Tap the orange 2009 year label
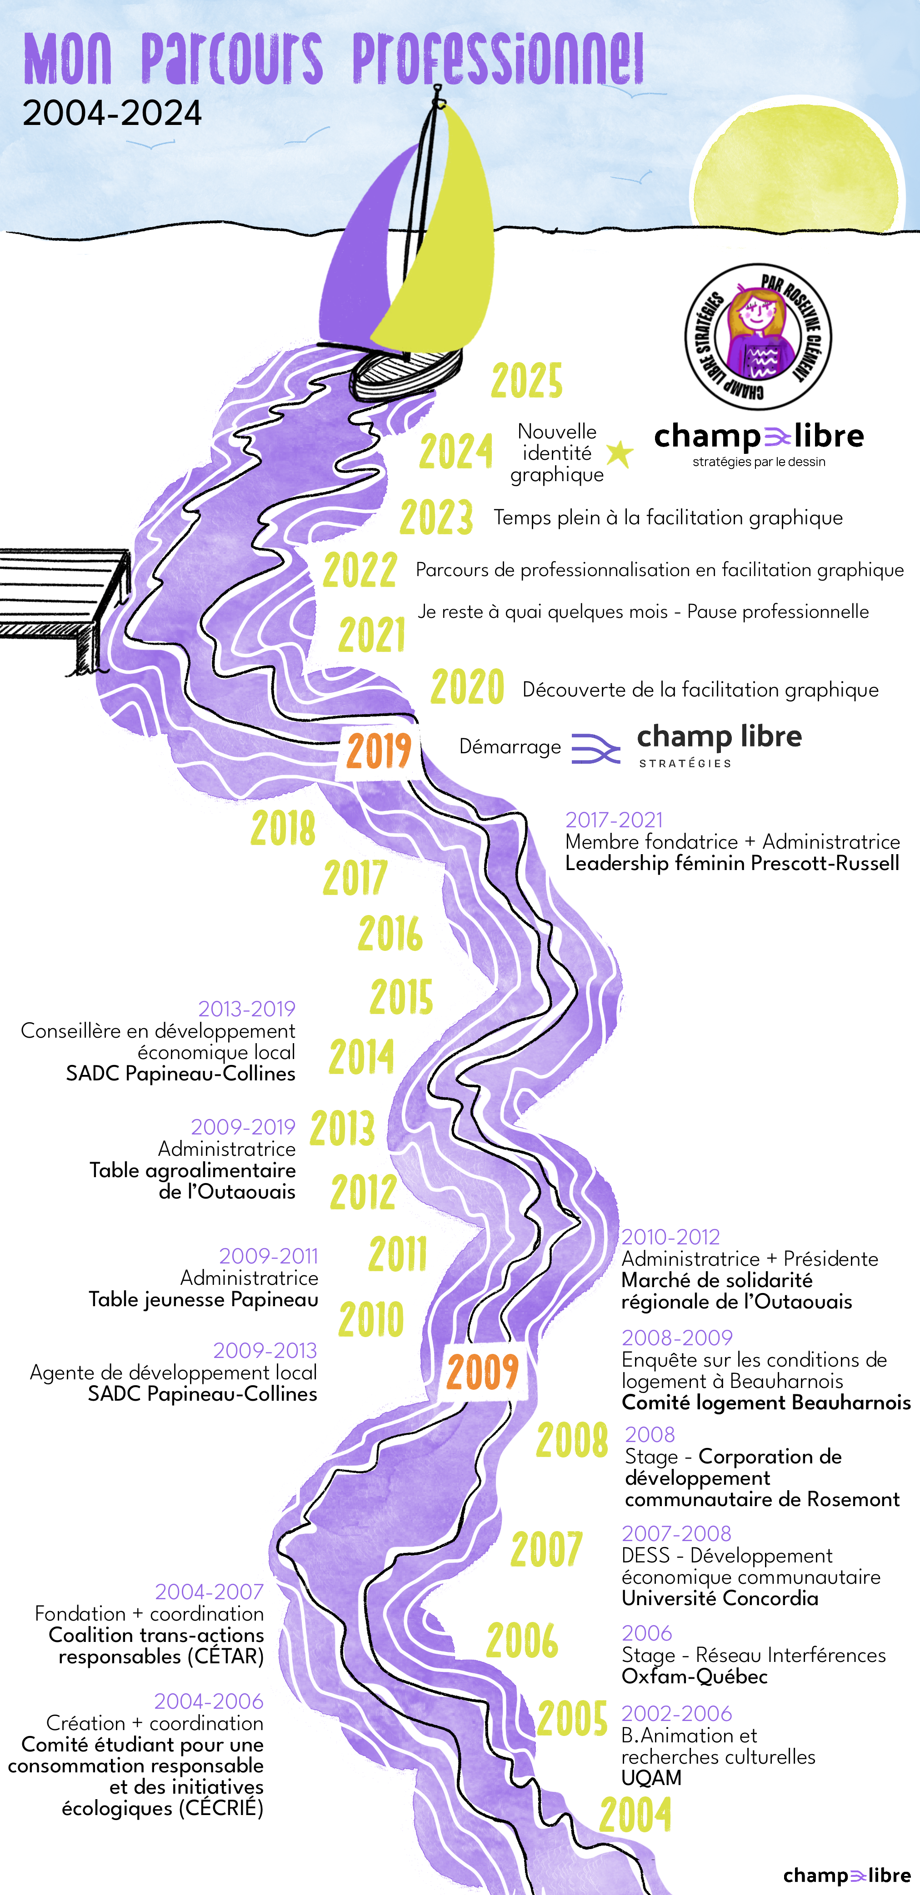coord(483,1371)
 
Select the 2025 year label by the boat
coord(527,381)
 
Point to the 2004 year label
coord(635,1815)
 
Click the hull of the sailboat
coord(405,372)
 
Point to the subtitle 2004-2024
coord(112,113)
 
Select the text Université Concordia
coord(720,1598)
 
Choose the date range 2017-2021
coord(614,820)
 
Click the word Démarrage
coord(509,746)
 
